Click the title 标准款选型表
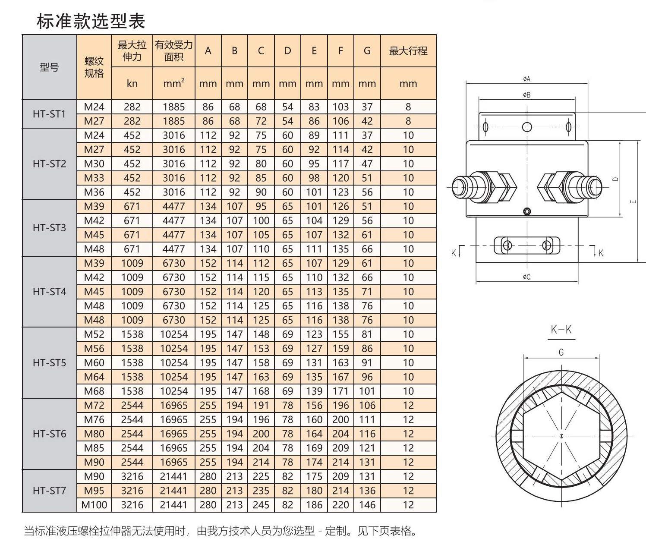click(91, 21)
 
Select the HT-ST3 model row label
click(49, 227)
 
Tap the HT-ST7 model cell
click(49, 490)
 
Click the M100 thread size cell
click(94, 505)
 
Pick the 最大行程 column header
click(408, 50)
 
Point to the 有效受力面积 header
click(174, 50)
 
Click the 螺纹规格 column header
click(94, 67)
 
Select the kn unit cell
click(132, 83)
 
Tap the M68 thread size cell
click(94, 391)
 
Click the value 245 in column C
click(261, 505)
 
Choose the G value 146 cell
click(367, 505)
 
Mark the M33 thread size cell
click(94, 178)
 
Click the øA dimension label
click(526, 79)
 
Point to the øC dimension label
click(526, 277)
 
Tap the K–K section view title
click(561, 329)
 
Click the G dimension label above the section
click(561, 352)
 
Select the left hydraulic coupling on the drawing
click(484, 187)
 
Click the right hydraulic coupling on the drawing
click(570, 187)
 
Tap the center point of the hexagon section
click(561, 436)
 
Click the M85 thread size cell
click(94, 448)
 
